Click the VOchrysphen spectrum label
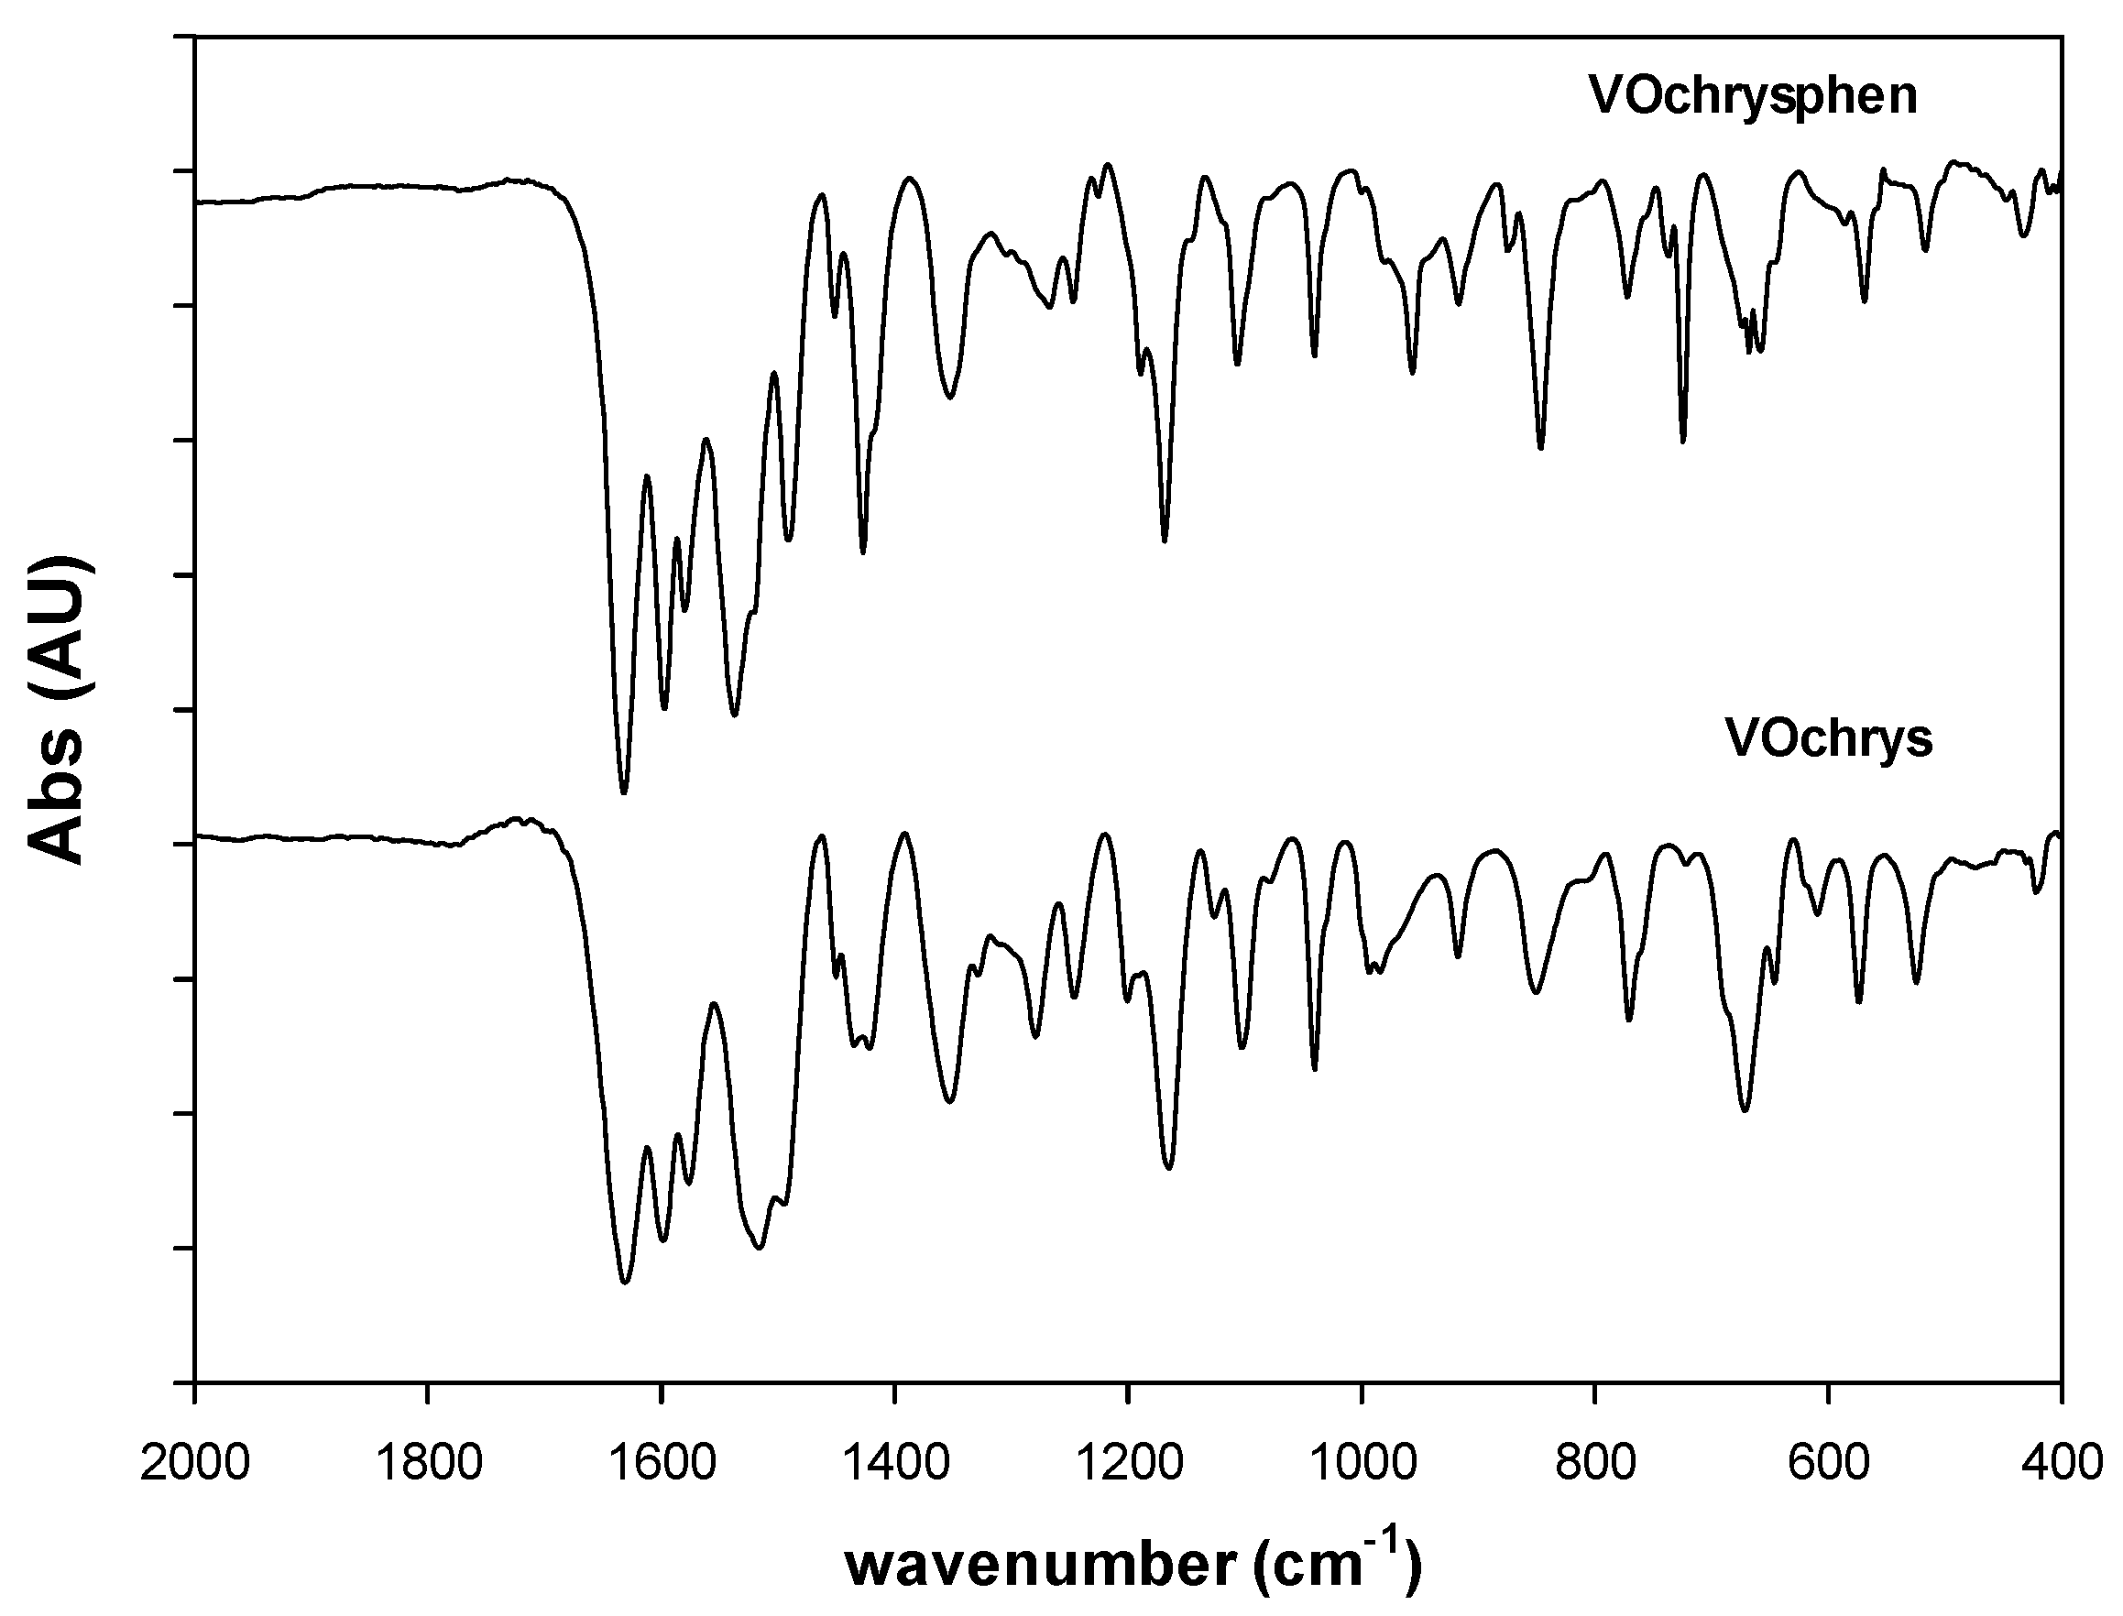[1754, 96]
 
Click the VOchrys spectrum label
[1828, 739]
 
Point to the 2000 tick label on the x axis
[195, 1462]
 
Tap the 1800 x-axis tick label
[428, 1462]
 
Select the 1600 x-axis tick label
[662, 1462]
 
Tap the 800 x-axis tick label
[1595, 1462]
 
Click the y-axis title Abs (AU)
[60, 709]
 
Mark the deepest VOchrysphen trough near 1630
[624, 792]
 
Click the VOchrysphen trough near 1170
[1164, 540]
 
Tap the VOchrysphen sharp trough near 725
[1682, 442]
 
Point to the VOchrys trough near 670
[1745, 1110]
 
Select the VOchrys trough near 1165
[1169, 1168]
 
